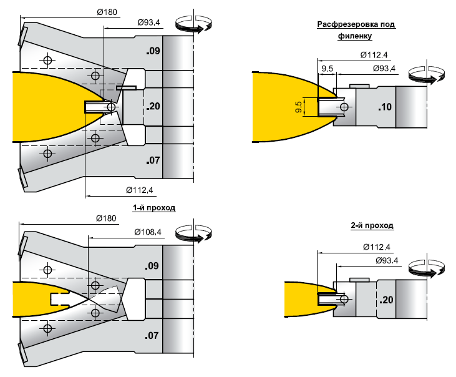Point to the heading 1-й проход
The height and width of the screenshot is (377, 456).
coord(153,207)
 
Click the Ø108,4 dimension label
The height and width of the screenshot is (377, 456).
coord(148,232)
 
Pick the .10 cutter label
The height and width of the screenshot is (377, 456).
coord(384,107)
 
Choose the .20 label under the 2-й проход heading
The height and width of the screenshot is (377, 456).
coord(384,300)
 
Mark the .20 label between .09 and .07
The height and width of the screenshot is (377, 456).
coord(153,107)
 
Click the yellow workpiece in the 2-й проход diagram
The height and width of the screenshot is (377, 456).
coord(299,300)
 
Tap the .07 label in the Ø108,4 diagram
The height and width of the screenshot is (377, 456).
coord(153,336)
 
